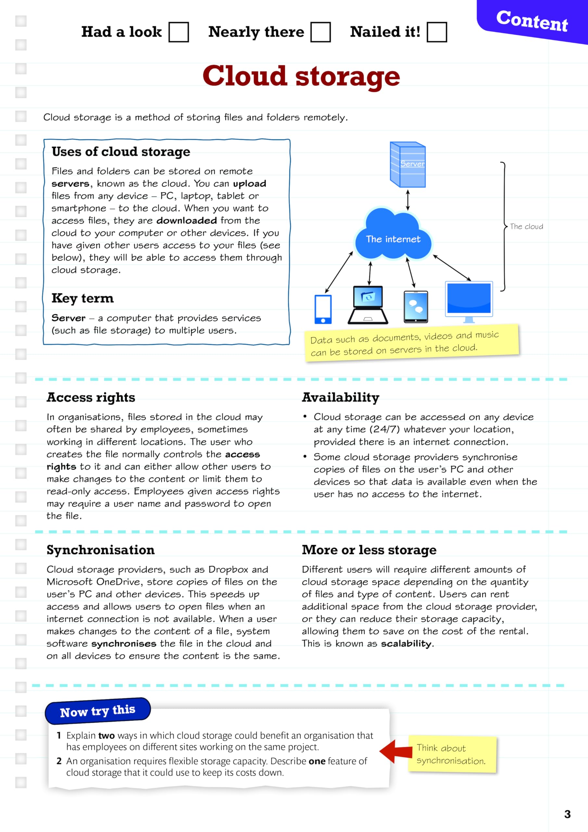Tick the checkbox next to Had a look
(x=179, y=32)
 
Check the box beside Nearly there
(x=321, y=32)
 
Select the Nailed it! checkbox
(x=437, y=32)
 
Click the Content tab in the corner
(x=531, y=21)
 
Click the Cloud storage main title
(x=301, y=76)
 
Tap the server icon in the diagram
(x=408, y=164)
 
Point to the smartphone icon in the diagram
(x=323, y=309)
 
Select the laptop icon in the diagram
(x=368, y=305)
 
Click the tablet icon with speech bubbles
(x=415, y=306)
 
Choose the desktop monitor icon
(x=469, y=301)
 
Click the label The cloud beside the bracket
(x=526, y=227)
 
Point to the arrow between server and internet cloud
(x=408, y=200)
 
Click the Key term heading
(x=83, y=298)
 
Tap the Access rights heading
(x=91, y=397)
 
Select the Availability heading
(x=340, y=397)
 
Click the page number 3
(x=567, y=814)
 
